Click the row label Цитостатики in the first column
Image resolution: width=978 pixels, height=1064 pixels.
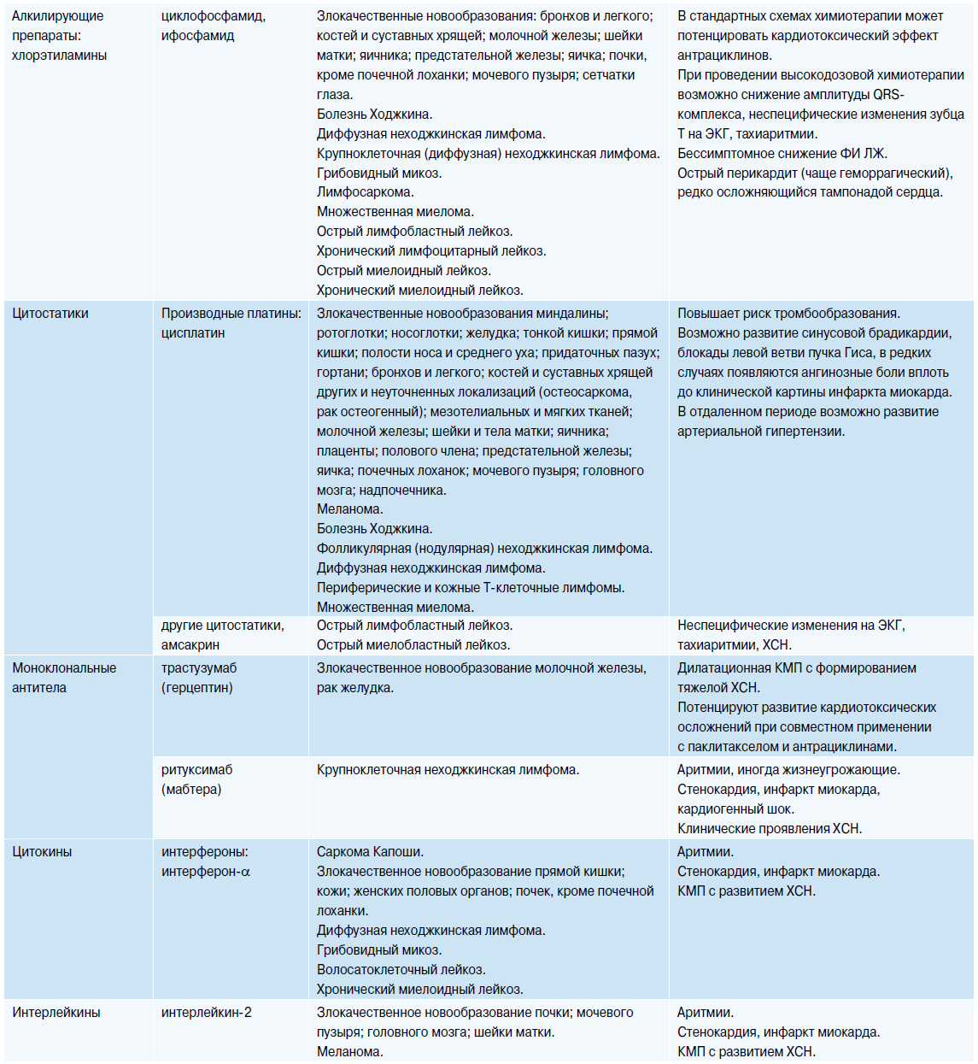[50, 314]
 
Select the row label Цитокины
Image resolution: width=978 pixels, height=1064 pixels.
[42, 852]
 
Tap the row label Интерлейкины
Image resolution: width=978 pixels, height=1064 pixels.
[56, 1013]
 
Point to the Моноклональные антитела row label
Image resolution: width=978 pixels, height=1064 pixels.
[64, 678]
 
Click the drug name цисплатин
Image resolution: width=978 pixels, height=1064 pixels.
[193, 333]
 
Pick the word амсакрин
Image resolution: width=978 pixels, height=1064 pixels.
[190, 645]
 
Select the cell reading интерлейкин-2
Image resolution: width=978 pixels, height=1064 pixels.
[207, 1013]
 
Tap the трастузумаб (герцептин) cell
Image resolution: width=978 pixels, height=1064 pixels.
[199, 678]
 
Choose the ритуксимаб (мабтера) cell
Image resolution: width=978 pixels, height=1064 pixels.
[197, 779]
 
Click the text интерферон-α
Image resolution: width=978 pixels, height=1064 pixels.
[206, 872]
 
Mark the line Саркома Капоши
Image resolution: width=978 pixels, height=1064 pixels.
[370, 852]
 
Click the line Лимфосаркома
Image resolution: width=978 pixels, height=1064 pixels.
[365, 192]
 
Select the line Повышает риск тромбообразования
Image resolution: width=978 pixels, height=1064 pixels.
[788, 314]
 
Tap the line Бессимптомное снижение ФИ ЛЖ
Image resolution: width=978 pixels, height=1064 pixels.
[782, 154]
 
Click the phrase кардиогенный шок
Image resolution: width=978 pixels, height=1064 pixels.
[735, 809]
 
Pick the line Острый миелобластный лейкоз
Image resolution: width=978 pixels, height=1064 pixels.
[413, 645]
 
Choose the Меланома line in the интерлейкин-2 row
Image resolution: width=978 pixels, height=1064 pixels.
[350, 1052]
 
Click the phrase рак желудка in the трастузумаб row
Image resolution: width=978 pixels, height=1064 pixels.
[355, 688]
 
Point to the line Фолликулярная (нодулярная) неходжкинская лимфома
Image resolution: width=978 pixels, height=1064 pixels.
[484, 549]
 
